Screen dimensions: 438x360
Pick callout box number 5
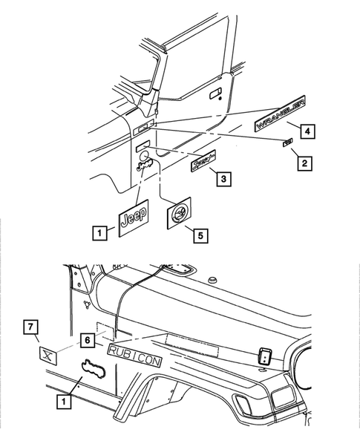[198, 235]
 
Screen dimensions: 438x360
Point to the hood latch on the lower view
[265, 356]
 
